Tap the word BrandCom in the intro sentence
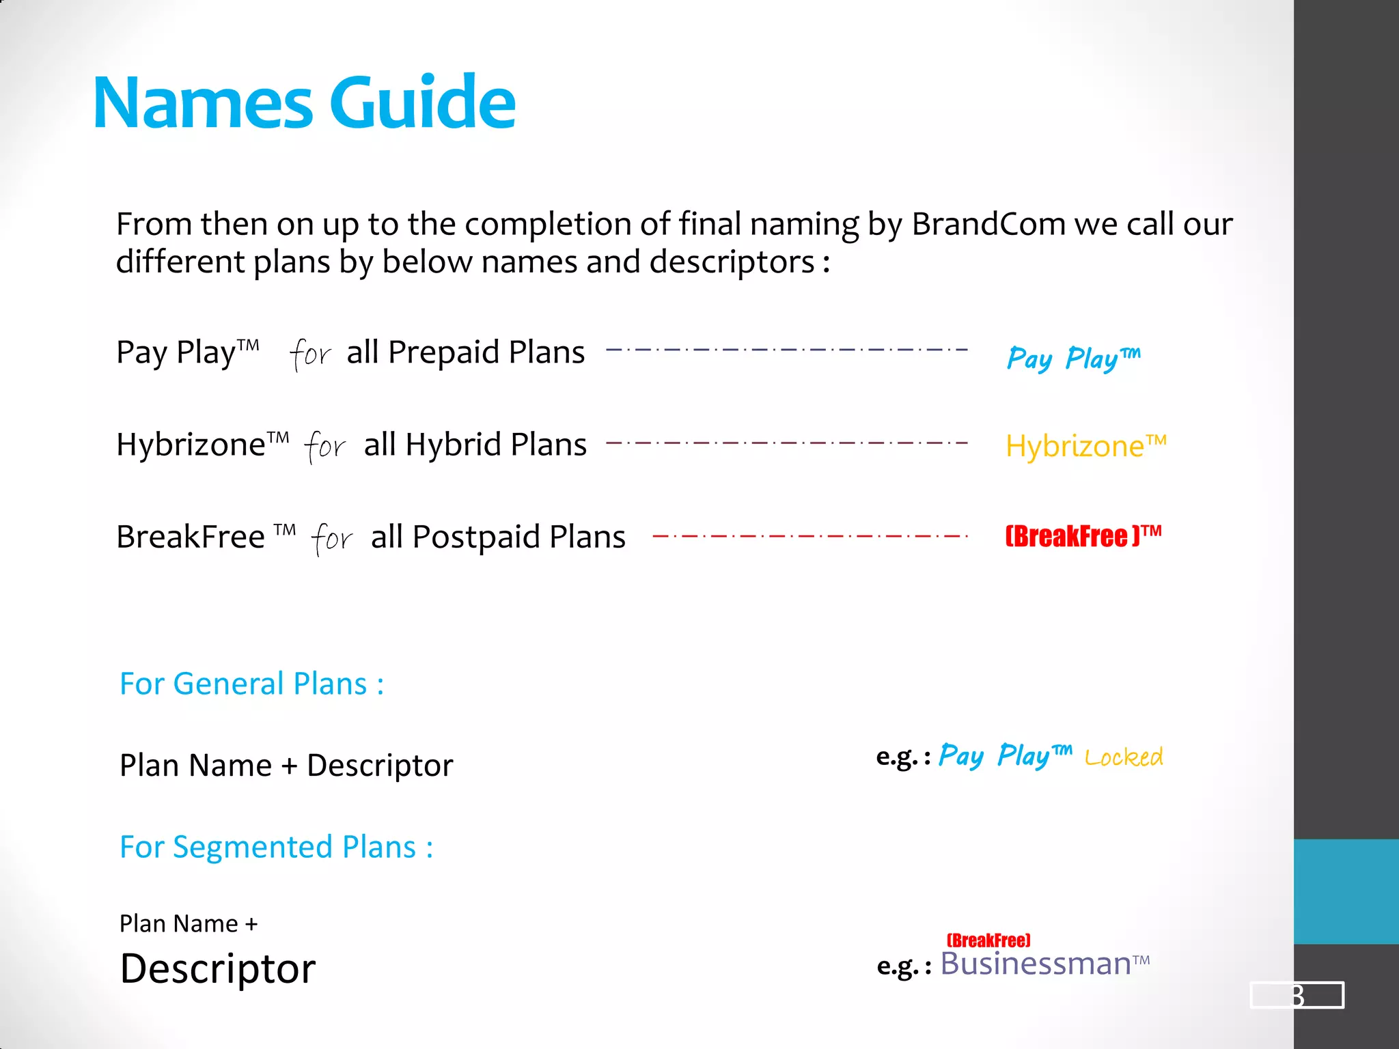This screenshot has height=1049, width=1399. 988,224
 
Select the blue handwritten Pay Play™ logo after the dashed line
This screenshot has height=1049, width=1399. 1072,358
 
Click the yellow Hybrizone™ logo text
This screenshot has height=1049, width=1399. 1085,446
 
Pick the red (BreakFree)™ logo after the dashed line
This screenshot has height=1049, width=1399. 1083,536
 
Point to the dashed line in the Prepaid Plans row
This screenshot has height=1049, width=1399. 786,350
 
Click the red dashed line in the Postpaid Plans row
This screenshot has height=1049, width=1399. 809,536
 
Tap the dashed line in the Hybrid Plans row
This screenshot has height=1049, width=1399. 786,443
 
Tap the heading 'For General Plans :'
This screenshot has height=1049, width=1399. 251,684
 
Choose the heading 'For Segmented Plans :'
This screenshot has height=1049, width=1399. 276,847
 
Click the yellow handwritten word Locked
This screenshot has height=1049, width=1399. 1123,757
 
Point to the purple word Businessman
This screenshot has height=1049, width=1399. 1036,964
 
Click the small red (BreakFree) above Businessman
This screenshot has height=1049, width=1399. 988,940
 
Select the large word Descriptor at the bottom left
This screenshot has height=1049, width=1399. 217,968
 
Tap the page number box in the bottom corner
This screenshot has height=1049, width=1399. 1296,995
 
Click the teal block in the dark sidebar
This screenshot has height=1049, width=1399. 1346,891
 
